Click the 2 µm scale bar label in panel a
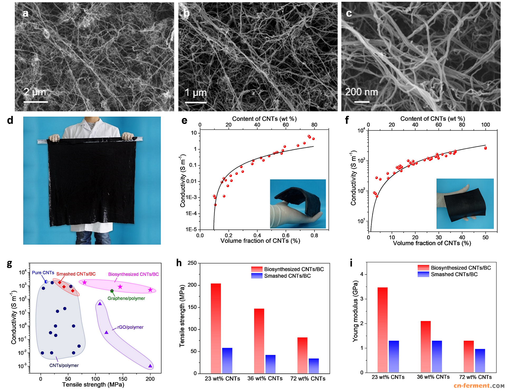35,92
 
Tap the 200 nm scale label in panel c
361,92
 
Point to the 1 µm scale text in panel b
195,93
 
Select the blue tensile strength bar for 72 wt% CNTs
314,366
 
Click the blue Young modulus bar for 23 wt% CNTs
394,356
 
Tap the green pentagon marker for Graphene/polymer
112,291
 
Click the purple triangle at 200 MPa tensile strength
150,366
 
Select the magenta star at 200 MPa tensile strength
150,290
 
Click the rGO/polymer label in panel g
130,327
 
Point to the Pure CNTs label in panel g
43,273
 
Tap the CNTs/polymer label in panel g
64,365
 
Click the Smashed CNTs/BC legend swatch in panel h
257,276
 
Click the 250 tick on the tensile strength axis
192,263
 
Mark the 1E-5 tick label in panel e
191,230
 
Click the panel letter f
347,120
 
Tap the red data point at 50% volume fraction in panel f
485,148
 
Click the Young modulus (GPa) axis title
355,311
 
